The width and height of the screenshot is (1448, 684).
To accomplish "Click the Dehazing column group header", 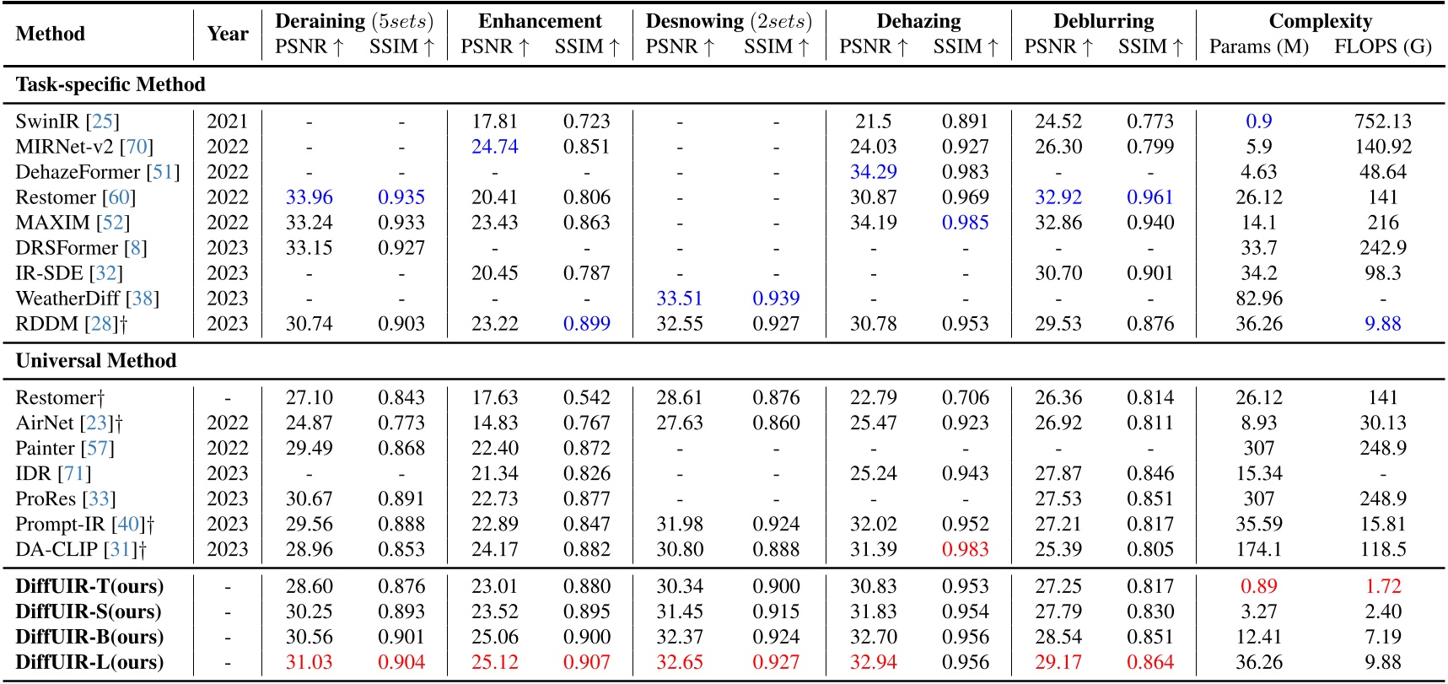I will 918,21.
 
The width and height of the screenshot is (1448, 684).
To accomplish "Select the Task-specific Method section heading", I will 110,84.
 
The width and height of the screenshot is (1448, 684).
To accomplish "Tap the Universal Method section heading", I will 96,361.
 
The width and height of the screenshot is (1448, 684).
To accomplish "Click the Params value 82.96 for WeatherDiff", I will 1258,299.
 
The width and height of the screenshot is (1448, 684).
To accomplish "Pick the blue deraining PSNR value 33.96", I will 309,197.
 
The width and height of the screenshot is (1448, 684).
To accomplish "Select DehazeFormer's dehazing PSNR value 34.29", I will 873,172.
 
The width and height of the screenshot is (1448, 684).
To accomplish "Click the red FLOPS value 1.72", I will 1382,586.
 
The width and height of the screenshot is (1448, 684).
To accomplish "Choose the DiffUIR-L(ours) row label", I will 89,662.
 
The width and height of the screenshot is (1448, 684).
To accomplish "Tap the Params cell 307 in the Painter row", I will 1258,448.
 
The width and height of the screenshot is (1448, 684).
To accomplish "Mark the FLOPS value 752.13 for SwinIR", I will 1382,121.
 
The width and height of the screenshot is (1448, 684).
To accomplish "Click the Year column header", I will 228,34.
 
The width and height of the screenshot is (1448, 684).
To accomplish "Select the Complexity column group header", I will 1320,21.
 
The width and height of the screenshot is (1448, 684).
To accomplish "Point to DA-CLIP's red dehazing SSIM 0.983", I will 965,549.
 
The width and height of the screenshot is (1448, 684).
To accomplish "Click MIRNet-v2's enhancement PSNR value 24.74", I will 494,147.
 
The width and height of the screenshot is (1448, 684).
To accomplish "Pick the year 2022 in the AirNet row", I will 228,423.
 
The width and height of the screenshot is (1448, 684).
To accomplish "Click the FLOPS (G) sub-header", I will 1382,46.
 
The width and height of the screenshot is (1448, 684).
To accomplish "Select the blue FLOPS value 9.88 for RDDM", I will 1382,324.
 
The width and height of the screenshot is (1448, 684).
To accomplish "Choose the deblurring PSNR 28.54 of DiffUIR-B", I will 1058,637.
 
